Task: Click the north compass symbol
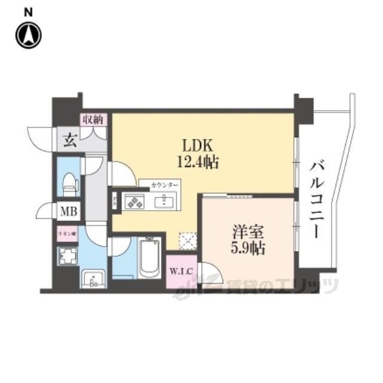28,35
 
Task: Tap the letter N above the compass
28,11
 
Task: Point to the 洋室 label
247,230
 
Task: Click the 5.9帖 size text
247,247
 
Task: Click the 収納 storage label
93,119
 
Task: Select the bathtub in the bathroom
149,257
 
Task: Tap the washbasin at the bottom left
92,278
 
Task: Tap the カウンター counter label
159,184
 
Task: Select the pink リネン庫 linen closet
65,233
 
